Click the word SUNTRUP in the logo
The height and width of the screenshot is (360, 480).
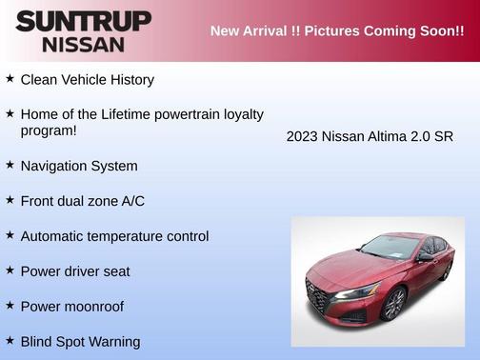83,21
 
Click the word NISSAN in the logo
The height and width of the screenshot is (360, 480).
83,44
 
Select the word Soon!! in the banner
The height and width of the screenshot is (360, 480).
432,30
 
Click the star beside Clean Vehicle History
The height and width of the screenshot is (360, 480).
10,78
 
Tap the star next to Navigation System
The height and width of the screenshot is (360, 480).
10,164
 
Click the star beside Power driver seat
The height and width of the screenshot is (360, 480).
10,270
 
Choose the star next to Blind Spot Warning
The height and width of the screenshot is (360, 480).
10,339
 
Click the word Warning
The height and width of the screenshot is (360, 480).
114,341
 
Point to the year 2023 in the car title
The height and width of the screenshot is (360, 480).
303,136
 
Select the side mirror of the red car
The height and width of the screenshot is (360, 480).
423,258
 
